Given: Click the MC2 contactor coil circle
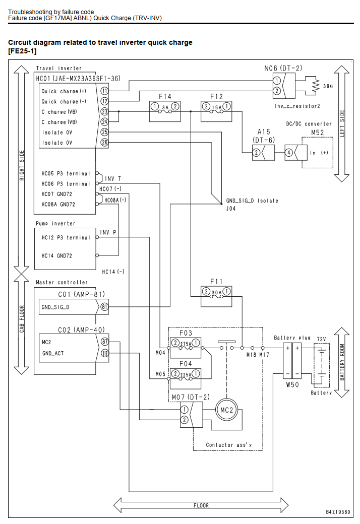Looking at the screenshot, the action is [226, 410].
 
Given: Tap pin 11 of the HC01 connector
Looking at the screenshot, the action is [104, 91].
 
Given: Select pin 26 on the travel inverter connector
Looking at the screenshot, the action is [104, 143].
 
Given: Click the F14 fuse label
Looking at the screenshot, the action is [165, 97].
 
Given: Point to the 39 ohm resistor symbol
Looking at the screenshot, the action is [315, 86].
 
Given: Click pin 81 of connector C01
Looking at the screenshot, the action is [104, 306].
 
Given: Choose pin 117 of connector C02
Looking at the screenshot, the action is [105, 353].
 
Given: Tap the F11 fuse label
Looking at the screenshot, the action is [216, 282].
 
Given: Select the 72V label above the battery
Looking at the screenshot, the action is [321, 339].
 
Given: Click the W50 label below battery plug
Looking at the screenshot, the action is [292, 384].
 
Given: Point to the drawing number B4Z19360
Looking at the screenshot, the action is [338, 512].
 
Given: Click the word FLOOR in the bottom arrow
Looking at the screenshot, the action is [201, 506].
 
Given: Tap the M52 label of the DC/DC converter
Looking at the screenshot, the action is [317, 133].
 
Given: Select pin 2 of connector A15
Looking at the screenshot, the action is [256, 153].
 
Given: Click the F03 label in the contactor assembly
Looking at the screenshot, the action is [186, 333].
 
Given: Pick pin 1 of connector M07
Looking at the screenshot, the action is [184, 410].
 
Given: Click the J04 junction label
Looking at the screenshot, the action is [231, 209].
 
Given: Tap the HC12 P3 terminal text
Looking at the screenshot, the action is [66, 238].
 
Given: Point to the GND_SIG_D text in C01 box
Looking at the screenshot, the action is [55, 307].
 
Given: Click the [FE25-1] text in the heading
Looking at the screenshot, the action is [22, 51].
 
